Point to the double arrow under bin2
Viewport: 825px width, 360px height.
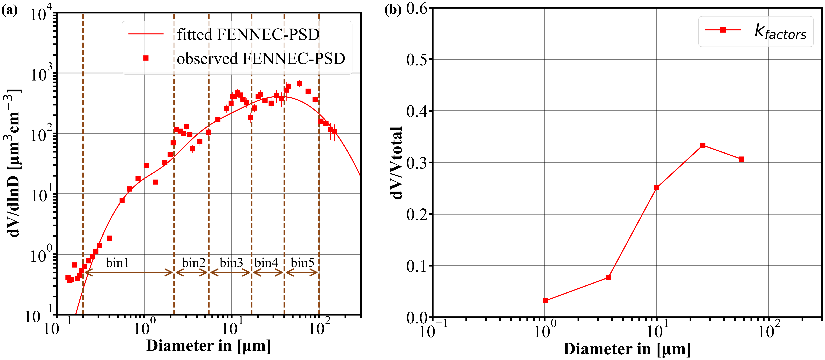click(x=192, y=273)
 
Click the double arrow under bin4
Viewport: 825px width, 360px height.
click(x=268, y=273)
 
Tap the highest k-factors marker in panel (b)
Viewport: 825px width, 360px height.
click(x=703, y=145)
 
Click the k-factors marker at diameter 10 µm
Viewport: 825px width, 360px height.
click(x=657, y=188)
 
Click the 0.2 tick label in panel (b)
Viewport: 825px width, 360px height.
click(x=416, y=214)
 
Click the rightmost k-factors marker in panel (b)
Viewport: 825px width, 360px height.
click(x=741, y=159)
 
